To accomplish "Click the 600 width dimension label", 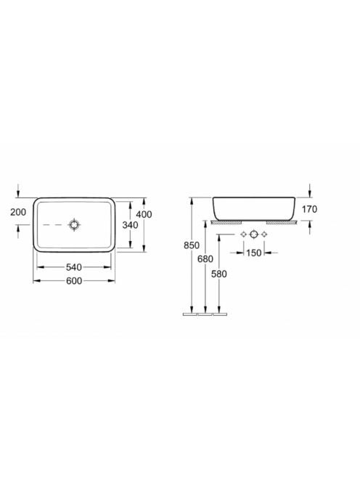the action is click(74, 281).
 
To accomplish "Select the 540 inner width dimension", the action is click(74, 267).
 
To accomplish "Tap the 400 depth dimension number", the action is click(144, 214).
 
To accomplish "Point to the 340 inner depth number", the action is click(130, 225).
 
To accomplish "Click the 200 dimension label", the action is click(18, 212).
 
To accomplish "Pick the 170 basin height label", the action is click(309, 209).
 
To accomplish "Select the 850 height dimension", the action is click(192, 245).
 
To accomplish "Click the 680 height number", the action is click(205, 259).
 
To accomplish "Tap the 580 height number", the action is click(219, 274).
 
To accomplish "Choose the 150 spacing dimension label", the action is click(253, 253).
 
